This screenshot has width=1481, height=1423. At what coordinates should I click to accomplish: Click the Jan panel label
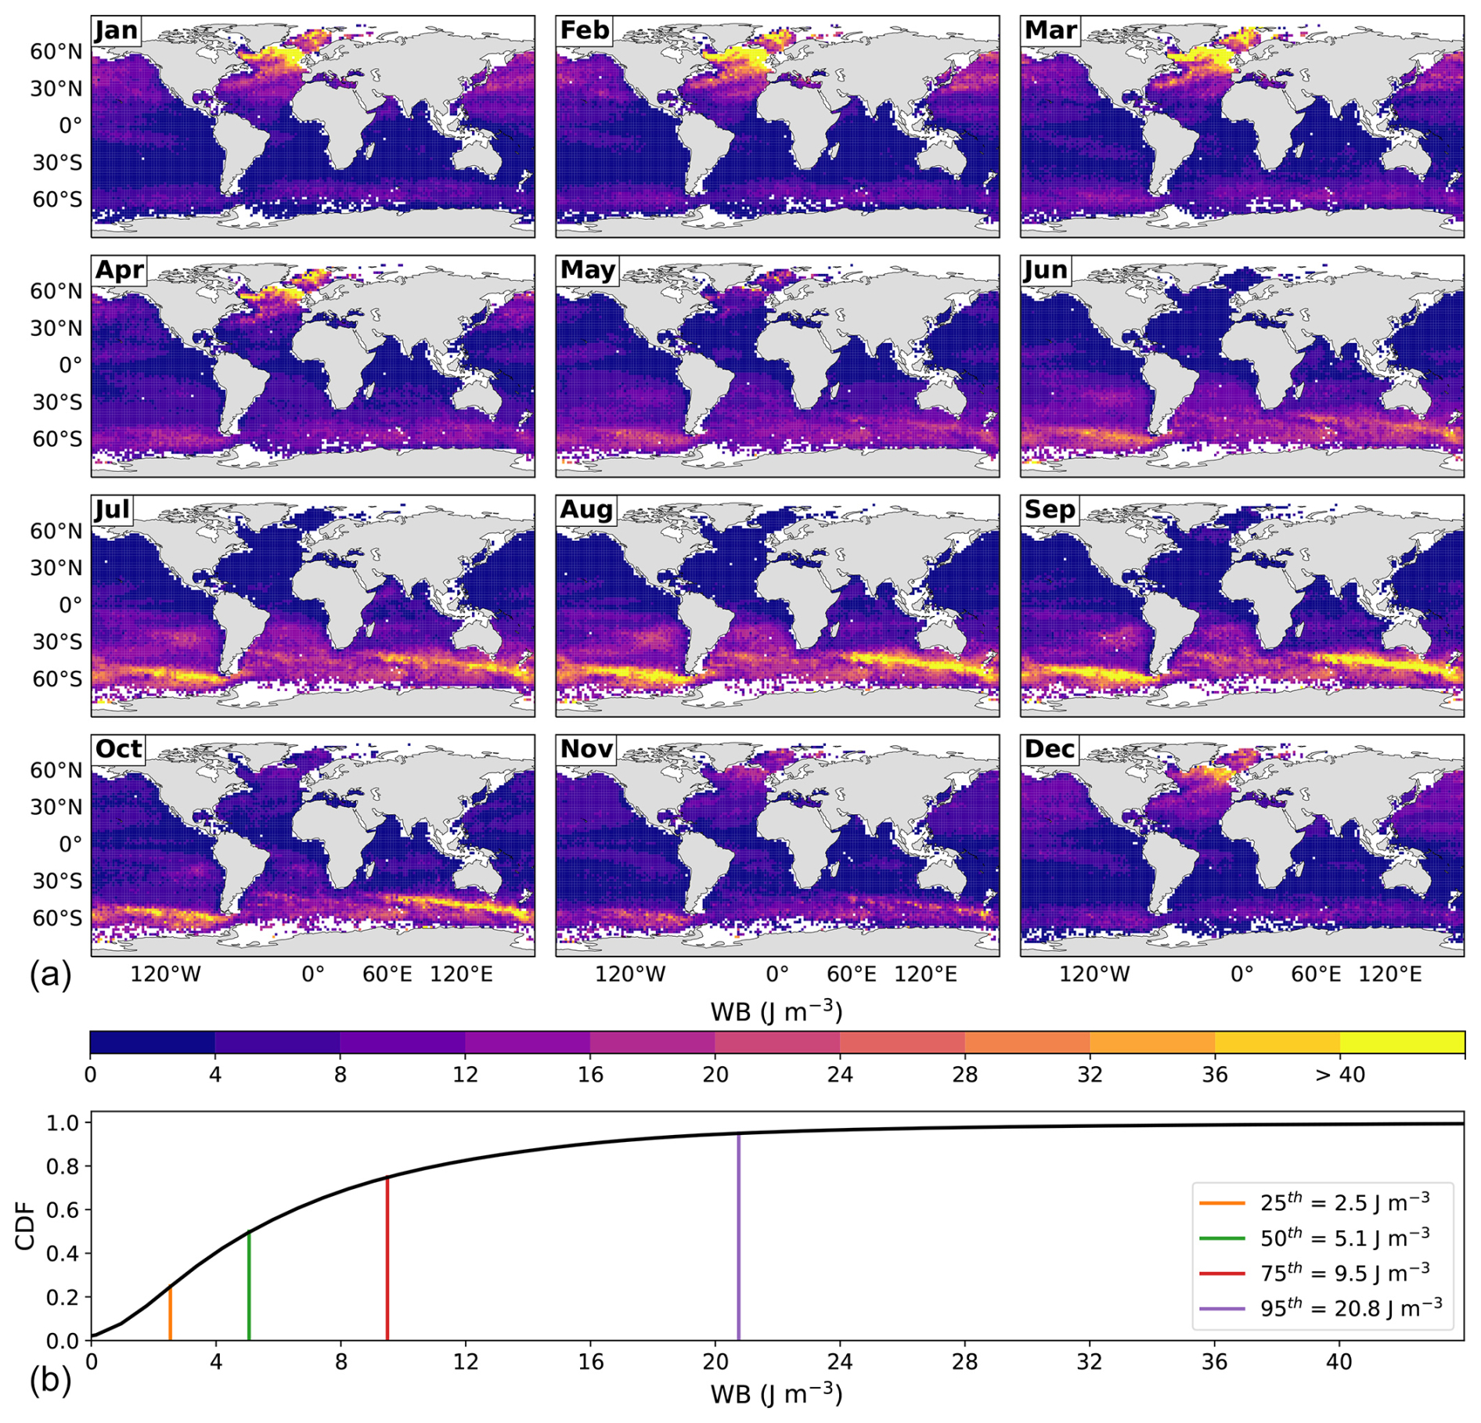pyautogui.click(x=117, y=31)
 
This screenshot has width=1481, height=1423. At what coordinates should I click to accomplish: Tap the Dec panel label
pyautogui.click(x=1050, y=749)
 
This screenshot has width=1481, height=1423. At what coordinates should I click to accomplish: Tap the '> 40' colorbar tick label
pyautogui.click(x=1339, y=1075)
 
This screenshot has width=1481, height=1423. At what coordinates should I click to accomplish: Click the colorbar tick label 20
pyautogui.click(x=715, y=1075)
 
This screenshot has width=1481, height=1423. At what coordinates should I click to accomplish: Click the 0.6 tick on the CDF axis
pyautogui.click(x=63, y=1209)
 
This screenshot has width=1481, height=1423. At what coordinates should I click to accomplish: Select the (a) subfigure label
pyautogui.click(x=50, y=975)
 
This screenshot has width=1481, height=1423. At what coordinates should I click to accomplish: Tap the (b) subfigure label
pyautogui.click(x=50, y=1380)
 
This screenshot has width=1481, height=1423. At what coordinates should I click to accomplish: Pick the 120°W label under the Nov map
pyautogui.click(x=630, y=974)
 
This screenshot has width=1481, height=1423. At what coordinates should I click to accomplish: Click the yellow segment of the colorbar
pyautogui.click(x=1402, y=1042)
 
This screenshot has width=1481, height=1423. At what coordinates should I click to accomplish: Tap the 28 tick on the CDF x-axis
pyautogui.click(x=965, y=1362)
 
